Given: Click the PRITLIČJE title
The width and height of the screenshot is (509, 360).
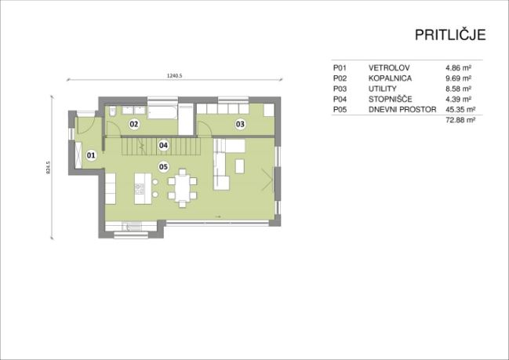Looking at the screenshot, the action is click(450, 35).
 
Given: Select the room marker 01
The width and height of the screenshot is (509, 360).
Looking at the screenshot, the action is click(91, 155).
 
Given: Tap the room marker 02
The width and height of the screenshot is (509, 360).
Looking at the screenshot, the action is click(134, 124).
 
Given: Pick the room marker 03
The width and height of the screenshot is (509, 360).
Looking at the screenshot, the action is click(240, 124).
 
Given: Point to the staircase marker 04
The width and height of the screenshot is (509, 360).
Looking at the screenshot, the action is click(163, 145).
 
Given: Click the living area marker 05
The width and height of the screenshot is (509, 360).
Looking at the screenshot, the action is click(163, 166).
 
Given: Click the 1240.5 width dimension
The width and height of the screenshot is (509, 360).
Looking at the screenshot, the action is click(175, 75).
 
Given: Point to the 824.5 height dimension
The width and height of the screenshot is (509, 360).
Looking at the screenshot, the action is click(49, 168).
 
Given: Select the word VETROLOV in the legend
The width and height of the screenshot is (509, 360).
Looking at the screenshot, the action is click(389, 68).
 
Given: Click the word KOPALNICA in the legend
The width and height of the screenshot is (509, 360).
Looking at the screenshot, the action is click(390, 78).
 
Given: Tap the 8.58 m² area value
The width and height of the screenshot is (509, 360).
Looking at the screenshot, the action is click(458, 89).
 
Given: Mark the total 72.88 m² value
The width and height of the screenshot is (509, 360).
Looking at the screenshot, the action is click(460, 120).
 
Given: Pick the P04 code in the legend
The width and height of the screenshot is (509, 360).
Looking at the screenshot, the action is click(340, 99).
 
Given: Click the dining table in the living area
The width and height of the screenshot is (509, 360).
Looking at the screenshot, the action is click(183, 188).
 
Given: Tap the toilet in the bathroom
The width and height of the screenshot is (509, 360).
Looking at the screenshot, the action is click(113, 111).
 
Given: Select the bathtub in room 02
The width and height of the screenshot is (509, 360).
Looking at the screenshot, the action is click(162, 111).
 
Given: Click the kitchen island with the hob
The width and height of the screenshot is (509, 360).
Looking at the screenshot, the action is click(143, 188).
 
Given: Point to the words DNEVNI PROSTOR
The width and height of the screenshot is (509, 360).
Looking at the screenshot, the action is click(402, 109).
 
